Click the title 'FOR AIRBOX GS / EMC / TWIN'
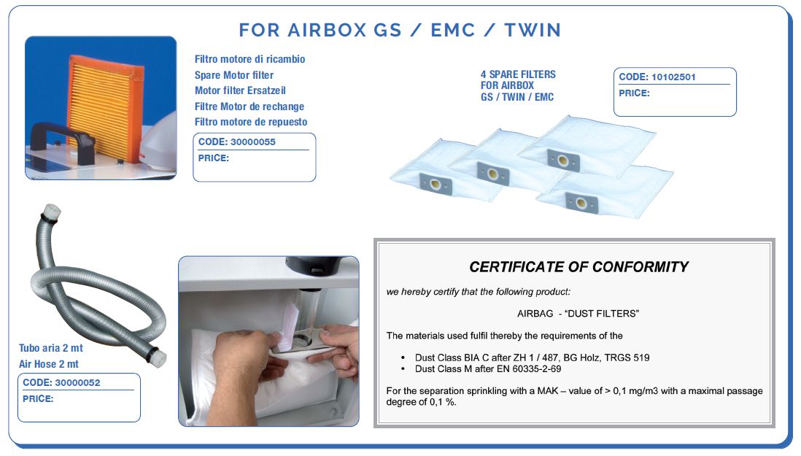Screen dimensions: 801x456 click(x=400, y=30)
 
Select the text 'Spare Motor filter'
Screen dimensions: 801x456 click(x=234, y=75)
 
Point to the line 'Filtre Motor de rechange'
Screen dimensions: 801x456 click(x=249, y=107)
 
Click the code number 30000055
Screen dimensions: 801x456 click(x=253, y=142)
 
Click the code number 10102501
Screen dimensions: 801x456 click(x=673, y=77)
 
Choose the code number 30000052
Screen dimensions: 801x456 click(x=77, y=382)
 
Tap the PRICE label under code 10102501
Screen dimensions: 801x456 click(x=634, y=93)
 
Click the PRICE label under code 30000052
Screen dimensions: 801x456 click(x=38, y=399)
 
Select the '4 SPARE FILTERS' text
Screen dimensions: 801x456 click(x=518, y=74)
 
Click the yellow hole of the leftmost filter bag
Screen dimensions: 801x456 click(x=436, y=185)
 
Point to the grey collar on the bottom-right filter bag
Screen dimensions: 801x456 click(x=581, y=202)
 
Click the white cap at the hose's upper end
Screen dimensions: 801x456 click(x=52, y=211)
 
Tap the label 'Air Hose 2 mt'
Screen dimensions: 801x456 click(x=49, y=364)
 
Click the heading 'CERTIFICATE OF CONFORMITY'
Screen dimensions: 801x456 click(x=578, y=266)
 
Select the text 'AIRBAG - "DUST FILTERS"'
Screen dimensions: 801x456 click(x=578, y=314)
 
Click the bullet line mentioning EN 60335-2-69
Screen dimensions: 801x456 click(x=488, y=368)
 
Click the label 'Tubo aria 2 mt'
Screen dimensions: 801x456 click(x=50, y=348)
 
